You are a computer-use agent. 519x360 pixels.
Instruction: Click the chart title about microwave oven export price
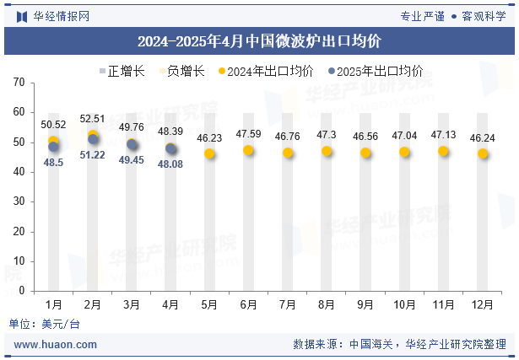pos(259,40)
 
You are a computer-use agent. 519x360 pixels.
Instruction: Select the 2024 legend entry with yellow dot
pos(266,72)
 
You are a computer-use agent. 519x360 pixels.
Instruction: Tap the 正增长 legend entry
pos(122,72)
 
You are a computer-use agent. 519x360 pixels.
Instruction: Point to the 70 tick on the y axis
pos(19,83)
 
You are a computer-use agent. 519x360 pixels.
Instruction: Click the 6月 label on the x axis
pos(248,304)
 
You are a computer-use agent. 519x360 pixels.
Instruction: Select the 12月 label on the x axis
pos(482,304)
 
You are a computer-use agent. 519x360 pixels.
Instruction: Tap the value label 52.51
pos(92,119)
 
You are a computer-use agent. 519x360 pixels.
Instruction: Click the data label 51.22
pos(92,154)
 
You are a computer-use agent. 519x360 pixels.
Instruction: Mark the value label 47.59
pos(248,134)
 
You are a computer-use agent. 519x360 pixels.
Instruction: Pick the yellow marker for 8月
pos(327,152)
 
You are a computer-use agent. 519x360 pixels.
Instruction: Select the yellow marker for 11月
pos(443,152)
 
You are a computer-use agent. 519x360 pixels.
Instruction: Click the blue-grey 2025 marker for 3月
pos(132,145)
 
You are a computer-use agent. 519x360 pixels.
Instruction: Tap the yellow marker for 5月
pos(209,154)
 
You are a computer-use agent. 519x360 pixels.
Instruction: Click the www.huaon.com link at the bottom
pos(56,344)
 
